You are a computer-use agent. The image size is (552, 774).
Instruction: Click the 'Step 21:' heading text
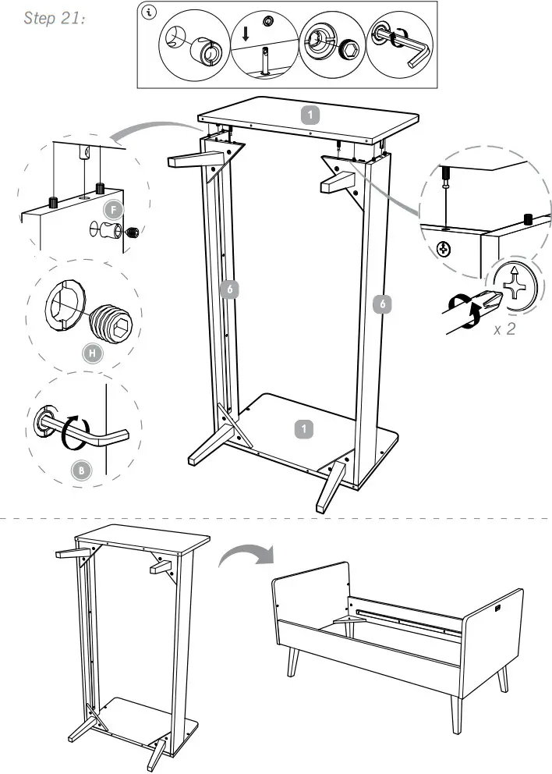coord(55,19)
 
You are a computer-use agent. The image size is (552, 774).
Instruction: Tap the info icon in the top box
coord(149,12)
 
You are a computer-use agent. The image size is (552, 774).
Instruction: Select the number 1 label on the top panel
coord(310,115)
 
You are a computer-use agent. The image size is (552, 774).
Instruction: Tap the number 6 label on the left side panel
coord(228,290)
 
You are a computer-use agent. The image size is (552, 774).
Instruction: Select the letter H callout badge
coord(91,353)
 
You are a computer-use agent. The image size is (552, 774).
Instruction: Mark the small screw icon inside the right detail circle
coord(445,250)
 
